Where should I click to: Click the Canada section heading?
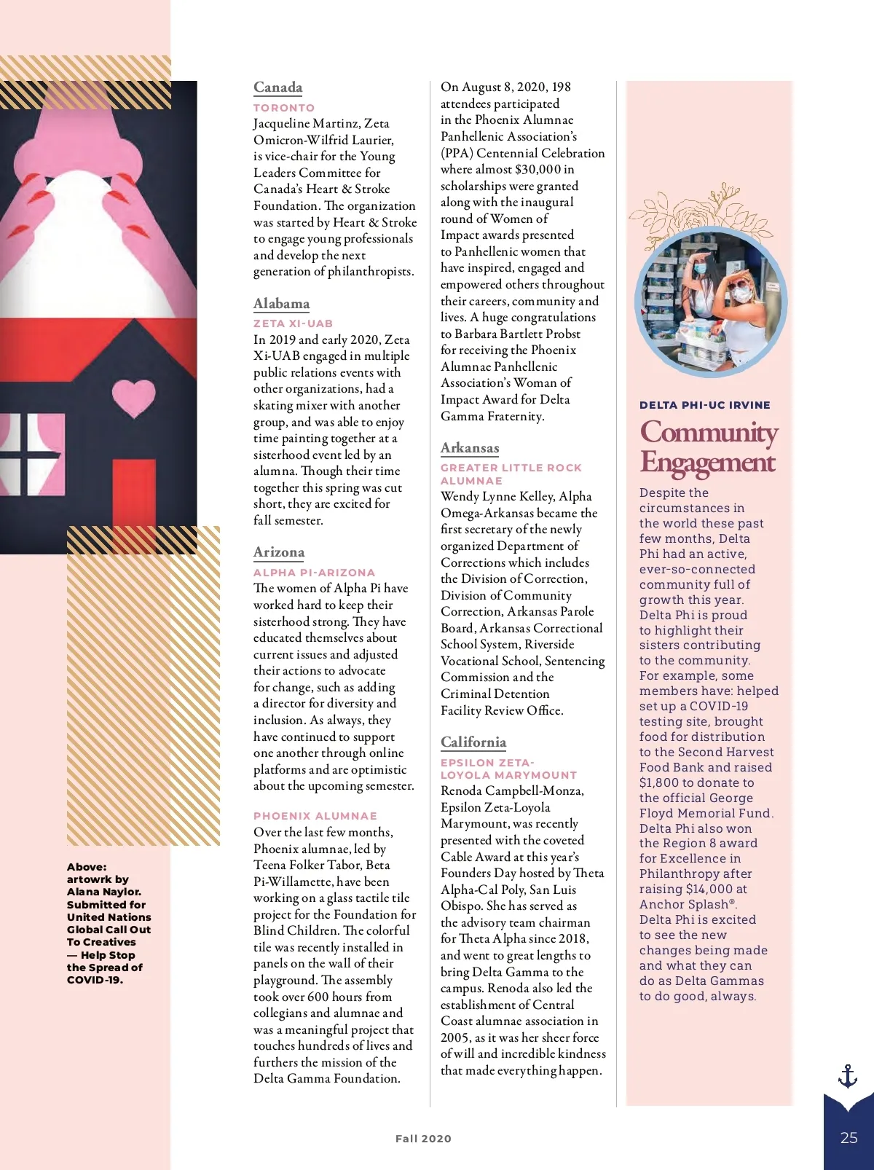(277, 87)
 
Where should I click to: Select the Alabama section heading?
(281, 304)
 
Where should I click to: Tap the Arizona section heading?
(279, 552)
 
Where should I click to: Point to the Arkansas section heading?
(470, 448)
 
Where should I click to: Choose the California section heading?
(473, 742)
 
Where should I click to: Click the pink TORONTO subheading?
(284, 108)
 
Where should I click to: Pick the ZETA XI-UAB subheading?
(293, 323)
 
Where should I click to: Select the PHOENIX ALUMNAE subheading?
(315, 816)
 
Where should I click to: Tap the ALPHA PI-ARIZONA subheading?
(314, 573)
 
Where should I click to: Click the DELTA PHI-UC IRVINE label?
(704, 405)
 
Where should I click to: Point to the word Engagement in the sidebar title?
(707, 463)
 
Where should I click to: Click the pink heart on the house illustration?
(134, 397)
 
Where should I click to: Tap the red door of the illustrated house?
(134, 495)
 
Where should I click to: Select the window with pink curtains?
(33, 454)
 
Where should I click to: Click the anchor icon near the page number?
(847, 1076)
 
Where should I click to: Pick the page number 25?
(849, 1138)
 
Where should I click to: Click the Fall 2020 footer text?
(423, 1139)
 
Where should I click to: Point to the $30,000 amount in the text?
(538, 170)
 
